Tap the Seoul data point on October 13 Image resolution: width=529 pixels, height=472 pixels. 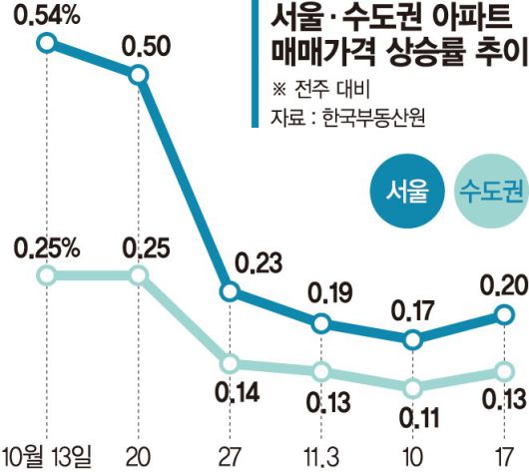45,42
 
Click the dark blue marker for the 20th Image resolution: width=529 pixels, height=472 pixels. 140,75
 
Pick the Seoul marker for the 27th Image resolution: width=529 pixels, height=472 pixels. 231,292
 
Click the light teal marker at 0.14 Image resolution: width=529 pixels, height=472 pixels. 231,363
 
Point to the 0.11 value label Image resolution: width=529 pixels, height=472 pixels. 417,416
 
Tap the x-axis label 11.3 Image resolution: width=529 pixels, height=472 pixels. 322,454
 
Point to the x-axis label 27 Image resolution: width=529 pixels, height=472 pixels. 231,454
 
